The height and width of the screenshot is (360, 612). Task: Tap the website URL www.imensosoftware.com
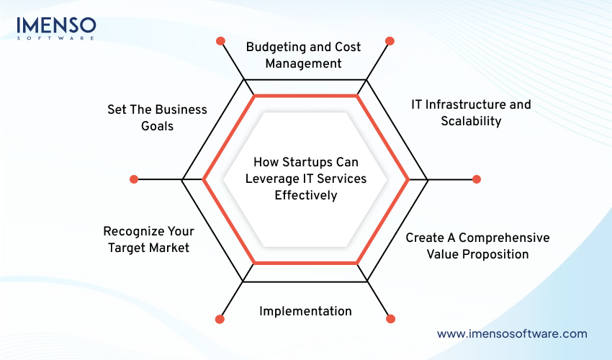pyautogui.click(x=512, y=333)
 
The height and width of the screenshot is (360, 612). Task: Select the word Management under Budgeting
pyautogui.click(x=303, y=63)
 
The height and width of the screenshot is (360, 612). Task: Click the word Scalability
pyautogui.click(x=471, y=121)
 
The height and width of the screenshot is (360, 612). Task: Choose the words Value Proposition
pyautogui.click(x=477, y=254)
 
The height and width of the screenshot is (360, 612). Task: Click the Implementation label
pyautogui.click(x=305, y=311)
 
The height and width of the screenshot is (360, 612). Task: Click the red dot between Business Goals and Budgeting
pyautogui.click(x=220, y=41)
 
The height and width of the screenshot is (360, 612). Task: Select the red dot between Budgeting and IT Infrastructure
pyautogui.click(x=390, y=41)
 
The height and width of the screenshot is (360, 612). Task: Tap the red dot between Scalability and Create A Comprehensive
pyautogui.click(x=476, y=179)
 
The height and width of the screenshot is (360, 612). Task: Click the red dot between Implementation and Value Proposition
pyautogui.click(x=390, y=318)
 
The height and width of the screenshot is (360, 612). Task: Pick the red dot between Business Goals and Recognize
pyautogui.click(x=133, y=179)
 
